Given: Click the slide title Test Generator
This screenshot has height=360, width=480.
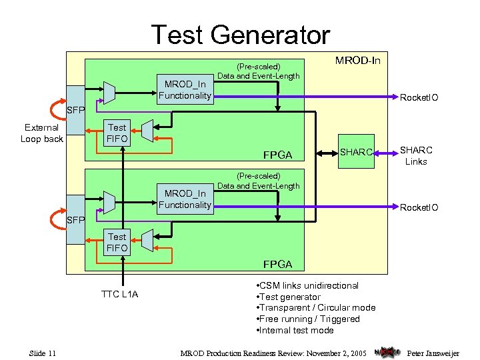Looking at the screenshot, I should [x=240, y=34].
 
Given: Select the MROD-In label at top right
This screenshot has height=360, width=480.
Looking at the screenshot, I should [x=357, y=61].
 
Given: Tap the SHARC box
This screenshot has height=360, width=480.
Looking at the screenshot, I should [x=356, y=152].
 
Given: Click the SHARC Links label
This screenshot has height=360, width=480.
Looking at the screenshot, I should [x=416, y=156].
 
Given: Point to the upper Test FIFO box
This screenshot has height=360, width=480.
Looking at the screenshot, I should [x=117, y=133].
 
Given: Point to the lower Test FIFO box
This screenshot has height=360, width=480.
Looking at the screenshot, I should [x=117, y=242].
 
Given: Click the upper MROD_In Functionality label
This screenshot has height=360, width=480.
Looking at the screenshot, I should [x=185, y=90].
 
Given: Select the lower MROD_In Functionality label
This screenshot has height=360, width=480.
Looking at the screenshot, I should [x=185, y=199].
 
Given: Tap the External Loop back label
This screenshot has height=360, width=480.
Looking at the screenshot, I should [x=41, y=133].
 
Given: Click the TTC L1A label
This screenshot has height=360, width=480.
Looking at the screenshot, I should [x=119, y=294].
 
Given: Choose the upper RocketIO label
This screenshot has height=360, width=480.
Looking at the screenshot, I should [x=419, y=98].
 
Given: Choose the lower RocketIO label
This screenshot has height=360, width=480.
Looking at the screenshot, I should [x=419, y=207].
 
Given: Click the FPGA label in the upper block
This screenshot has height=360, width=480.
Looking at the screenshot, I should [x=277, y=155].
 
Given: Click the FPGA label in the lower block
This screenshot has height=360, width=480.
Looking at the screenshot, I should [x=277, y=264].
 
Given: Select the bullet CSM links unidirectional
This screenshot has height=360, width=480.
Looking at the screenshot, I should [x=307, y=285].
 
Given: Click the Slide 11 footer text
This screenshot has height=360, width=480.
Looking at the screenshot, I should [x=47, y=353].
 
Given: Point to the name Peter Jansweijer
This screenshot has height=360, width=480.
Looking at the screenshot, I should [x=433, y=353].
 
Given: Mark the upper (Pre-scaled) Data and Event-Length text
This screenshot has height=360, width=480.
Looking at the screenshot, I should [x=259, y=71].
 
